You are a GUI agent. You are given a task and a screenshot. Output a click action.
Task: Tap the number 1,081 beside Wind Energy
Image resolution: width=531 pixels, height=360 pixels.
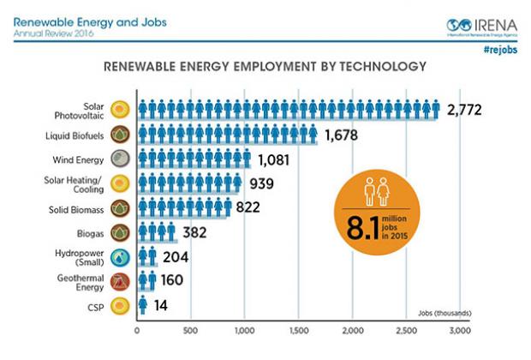point(276,159)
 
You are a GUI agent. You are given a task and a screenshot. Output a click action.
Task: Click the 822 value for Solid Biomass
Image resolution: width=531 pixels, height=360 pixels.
point(248,207)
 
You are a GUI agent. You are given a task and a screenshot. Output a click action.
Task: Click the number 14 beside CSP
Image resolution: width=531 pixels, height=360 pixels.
point(161,304)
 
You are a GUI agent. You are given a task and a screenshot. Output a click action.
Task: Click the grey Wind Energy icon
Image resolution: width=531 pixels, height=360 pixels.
point(121,159)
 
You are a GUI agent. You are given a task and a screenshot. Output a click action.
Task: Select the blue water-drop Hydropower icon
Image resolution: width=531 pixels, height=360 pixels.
point(121,256)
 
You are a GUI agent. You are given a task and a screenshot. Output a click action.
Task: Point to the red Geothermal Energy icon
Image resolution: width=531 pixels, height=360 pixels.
point(121,280)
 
